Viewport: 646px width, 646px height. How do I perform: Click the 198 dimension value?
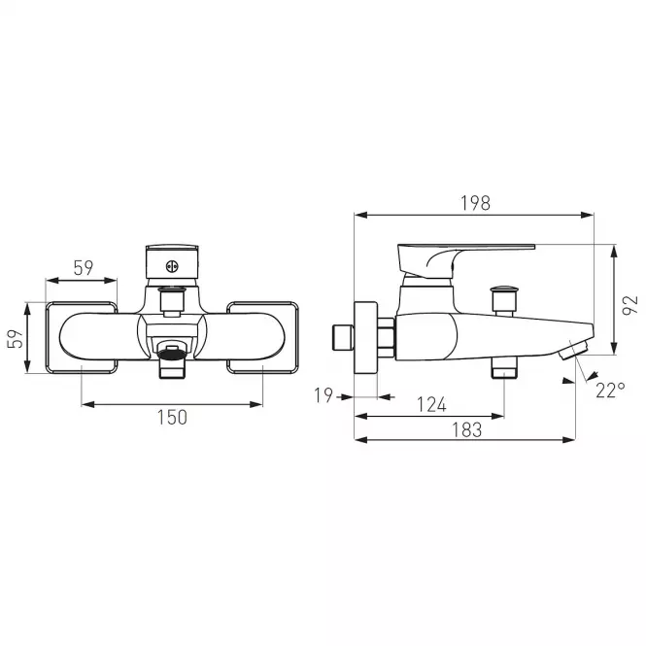pos(475,203)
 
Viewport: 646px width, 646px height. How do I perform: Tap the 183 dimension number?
pos(467,430)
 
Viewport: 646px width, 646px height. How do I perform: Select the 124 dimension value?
pos(431,404)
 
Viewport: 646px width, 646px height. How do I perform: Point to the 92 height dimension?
pos(629,305)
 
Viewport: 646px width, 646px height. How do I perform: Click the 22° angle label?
pos(610,391)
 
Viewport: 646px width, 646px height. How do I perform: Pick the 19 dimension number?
pos(323,395)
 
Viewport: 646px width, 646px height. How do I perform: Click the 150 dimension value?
pos(172,418)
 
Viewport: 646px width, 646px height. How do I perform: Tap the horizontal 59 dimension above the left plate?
pos(84,268)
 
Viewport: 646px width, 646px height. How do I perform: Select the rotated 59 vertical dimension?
pos(16,339)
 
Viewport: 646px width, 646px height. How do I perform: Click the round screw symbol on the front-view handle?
pos(172,267)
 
